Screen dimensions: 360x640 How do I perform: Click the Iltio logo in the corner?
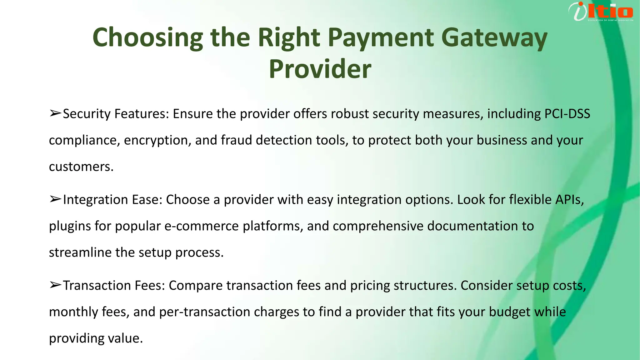[x=601, y=12]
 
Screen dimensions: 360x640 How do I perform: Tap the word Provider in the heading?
[x=320, y=69]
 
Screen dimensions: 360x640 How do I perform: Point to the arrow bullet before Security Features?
[x=55, y=113]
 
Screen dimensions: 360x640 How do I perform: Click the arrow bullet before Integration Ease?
[x=55, y=199]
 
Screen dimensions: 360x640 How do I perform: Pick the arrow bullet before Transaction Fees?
[x=55, y=285]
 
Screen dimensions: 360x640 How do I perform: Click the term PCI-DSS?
[x=567, y=114]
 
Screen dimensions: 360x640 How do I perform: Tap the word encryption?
[x=157, y=140]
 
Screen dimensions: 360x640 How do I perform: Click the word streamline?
[x=80, y=252]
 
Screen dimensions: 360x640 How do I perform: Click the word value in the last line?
[x=125, y=338]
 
